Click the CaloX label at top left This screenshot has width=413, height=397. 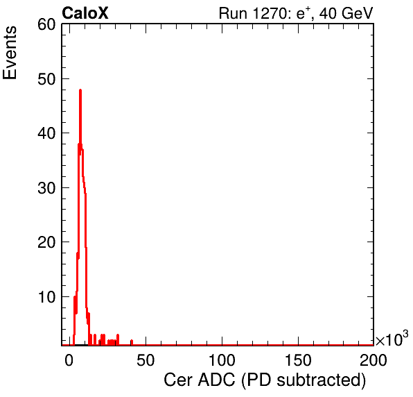[x=85, y=13]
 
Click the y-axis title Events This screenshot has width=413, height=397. [x=10, y=53]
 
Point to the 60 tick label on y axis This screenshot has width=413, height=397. [x=47, y=24]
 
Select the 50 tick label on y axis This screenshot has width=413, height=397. [x=47, y=79]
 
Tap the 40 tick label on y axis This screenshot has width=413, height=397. [x=47, y=133]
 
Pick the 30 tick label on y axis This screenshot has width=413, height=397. [x=47, y=188]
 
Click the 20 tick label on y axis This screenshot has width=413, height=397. [x=47, y=242]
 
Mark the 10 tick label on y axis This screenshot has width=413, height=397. [x=47, y=297]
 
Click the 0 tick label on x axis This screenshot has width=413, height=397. [x=69, y=360]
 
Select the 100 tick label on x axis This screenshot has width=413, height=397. [x=222, y=360]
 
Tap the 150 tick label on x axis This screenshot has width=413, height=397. [x=298, y=360]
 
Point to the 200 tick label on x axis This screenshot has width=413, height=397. [x=374, y=360]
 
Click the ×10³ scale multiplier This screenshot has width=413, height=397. [x=392, y=339]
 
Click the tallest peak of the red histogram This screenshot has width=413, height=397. [x=80, y=90]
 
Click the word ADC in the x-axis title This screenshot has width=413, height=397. [x=216, y=380]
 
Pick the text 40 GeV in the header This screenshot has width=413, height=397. [x=346, y=13]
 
